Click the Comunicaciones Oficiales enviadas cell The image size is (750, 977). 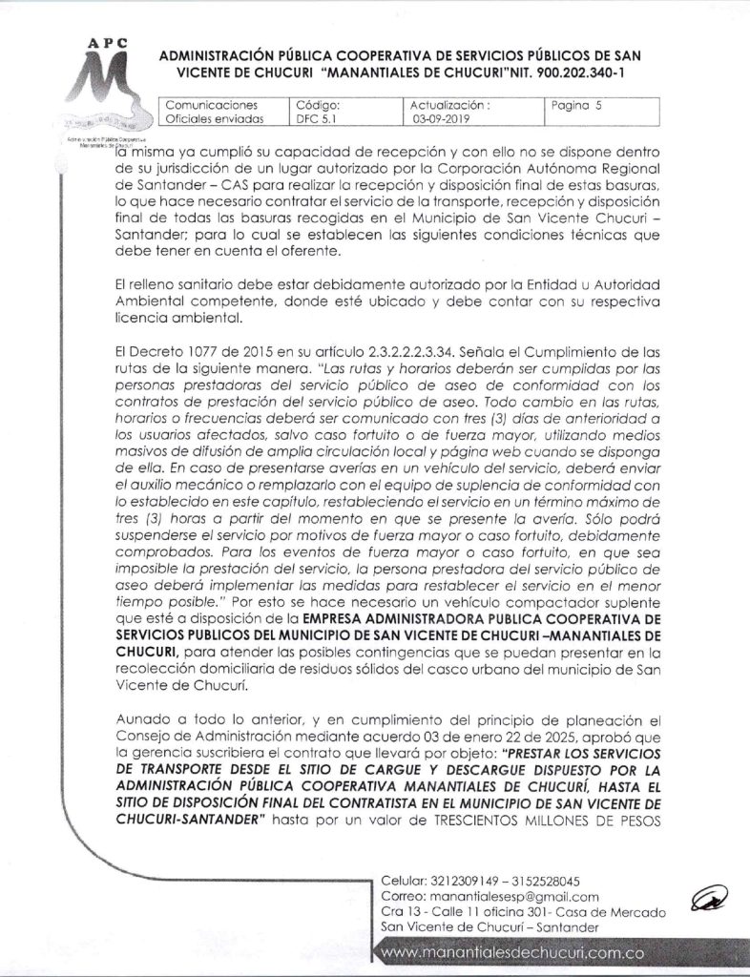coord(211,114)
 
